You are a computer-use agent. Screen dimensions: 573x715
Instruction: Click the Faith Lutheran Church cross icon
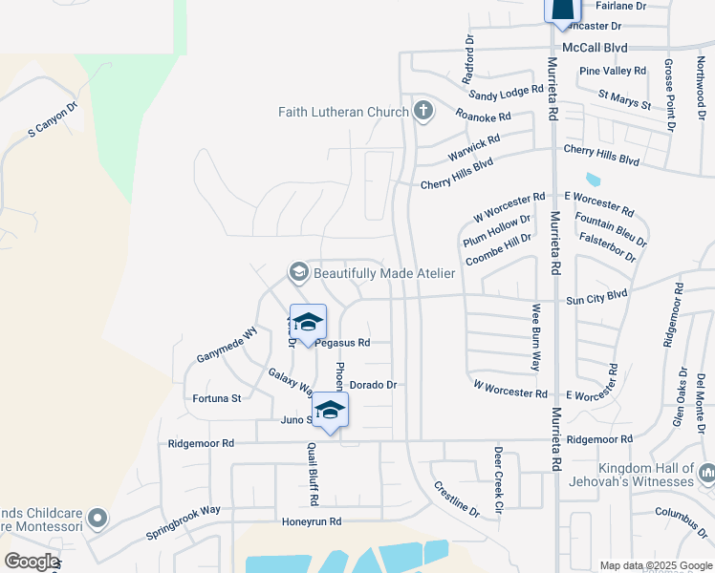pyautogui.click(x=423, y=112)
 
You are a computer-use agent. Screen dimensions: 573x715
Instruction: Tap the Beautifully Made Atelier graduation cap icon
pyautogui.click(x=299, y=273)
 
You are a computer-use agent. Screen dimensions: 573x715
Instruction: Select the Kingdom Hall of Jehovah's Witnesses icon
pyautogui.click(x=707, y=474)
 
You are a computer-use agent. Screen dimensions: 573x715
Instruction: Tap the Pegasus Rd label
pyautogui.click(x=342, y=342)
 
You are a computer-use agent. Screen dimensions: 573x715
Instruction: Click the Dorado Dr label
pyautogui.click(x=373, y=385)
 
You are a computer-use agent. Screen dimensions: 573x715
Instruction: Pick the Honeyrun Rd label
pyautogui.click(x=311, y=521)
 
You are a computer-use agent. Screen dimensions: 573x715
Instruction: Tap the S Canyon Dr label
pyautogui.click(x=51, y=120)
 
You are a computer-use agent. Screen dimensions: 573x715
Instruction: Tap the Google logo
pyautogui.click(x=32, y=562)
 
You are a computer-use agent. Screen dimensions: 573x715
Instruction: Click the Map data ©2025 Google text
pyautogui.click(x=655, y=565)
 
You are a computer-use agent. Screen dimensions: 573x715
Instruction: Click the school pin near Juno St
pyautogui.click(x=329, y=410)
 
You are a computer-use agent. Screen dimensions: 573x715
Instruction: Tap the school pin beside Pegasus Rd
pyautogui.click(x=308, y=322)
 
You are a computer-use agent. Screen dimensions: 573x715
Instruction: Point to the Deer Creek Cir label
pyautogui.click(x=498, y=480)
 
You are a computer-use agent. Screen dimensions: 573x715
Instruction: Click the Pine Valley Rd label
pyautogui.click(x=613, y=71)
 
